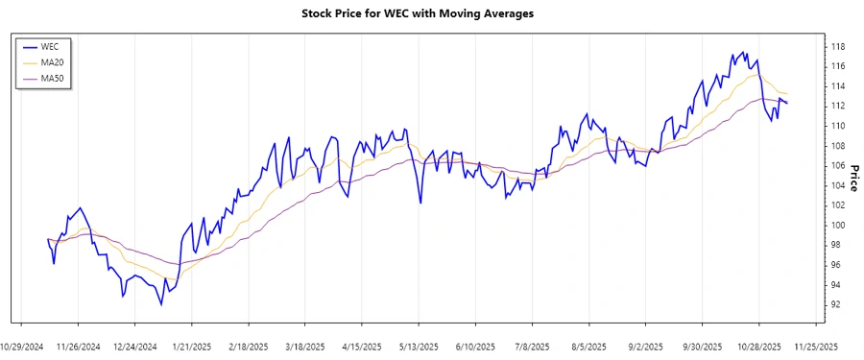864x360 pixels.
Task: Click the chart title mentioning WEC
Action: point(431,13)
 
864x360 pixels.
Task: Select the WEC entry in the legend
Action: point(50,46)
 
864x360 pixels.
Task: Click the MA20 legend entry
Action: point(52,61)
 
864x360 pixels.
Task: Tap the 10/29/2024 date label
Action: point(22,347)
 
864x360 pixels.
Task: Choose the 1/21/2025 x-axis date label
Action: point(192,347)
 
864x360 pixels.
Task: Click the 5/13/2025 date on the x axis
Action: point(419,347)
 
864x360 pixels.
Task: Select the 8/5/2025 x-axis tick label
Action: point(588,347)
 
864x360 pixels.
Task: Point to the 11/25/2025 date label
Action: point(815,347)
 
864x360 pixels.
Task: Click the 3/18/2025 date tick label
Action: point(305,347)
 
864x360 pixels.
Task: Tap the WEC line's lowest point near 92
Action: point(161,304)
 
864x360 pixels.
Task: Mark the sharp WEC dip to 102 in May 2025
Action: point(420,203)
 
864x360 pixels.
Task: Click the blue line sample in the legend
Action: point(29,46)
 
